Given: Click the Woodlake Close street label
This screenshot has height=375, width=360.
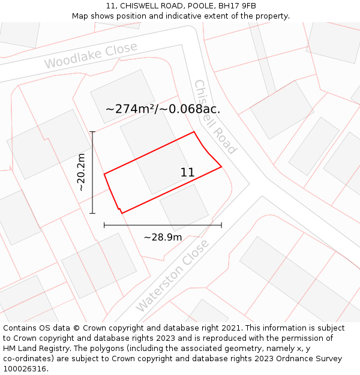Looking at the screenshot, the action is pos(91,55).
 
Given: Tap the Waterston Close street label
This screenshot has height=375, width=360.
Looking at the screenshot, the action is pos(173,275).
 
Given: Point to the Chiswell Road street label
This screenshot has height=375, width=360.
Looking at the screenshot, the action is pos(215,117).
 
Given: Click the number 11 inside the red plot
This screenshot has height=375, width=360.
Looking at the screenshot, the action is pos(187,172).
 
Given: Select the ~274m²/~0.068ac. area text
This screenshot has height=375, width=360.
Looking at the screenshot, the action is pos(163,109).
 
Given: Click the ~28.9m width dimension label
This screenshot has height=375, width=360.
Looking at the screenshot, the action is pos(163,237).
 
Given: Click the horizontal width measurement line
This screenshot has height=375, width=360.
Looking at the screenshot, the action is pos(163,225).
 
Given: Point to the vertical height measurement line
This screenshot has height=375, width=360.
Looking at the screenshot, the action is pos(92,172).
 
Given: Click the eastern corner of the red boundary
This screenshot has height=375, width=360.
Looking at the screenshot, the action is pos(221,166).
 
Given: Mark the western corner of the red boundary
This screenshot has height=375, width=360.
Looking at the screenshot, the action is pos(104,174).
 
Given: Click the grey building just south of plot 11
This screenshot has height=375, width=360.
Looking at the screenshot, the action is pos(184,207).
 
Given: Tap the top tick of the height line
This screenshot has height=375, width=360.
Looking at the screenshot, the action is pos(92,131).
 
